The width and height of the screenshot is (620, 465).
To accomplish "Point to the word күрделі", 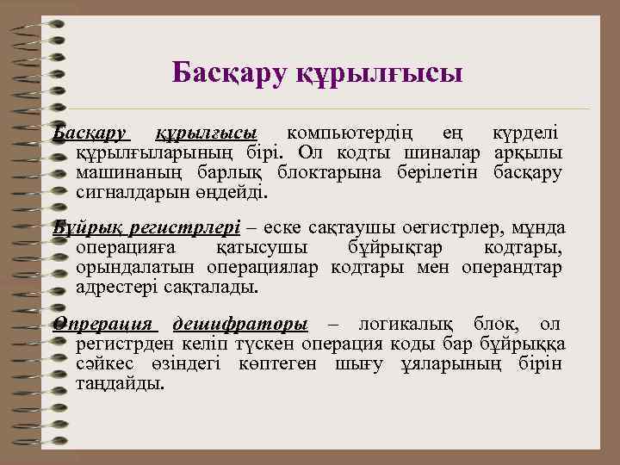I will coord(524,133).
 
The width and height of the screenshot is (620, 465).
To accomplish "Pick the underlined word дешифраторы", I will coord(239,325).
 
